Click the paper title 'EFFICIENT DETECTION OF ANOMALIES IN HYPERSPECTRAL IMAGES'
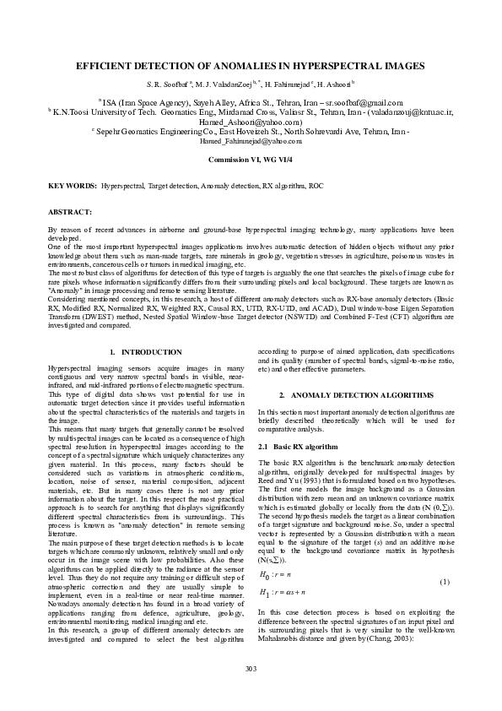[x=251, y=65]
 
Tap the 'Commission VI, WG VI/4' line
[x=251, y=159]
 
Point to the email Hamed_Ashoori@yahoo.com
[x=251, y=121]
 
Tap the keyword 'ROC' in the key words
[x=316, y=184]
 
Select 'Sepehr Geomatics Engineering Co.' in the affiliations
[x=157, y=131]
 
